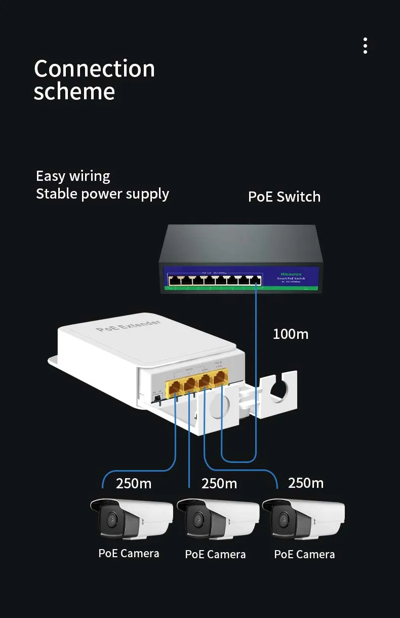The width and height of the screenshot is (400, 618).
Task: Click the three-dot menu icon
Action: (365, 46)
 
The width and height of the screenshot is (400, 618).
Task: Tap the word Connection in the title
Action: (94, 68)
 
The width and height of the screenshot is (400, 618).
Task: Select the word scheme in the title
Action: (74, 92)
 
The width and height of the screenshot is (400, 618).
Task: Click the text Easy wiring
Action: (73, 176)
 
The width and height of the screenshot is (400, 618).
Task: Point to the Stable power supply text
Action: (102, 194)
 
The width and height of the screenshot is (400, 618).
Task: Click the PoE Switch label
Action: (284, 197)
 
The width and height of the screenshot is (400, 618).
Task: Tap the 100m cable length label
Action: (290, 334)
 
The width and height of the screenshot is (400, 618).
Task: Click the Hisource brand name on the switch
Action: (291, 274)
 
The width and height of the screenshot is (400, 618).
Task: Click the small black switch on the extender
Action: (156, 399)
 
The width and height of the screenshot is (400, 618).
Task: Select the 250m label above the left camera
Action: (134, 483)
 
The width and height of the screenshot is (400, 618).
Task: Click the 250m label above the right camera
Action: (306, 483)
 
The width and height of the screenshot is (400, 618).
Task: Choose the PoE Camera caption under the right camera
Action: (304, 554)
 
